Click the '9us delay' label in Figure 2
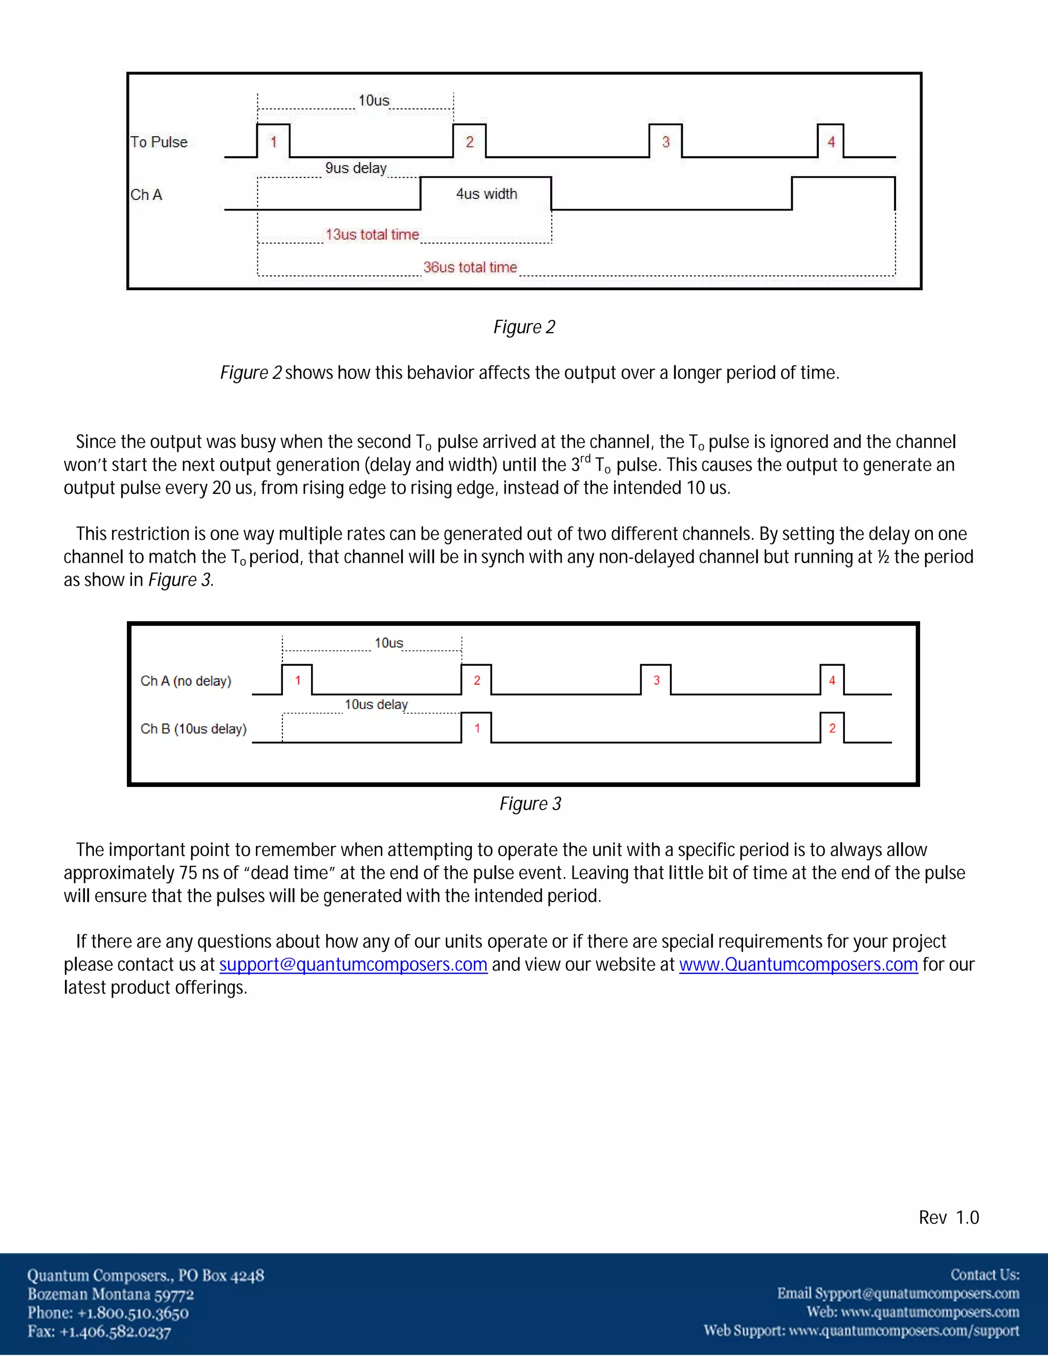tap(356, 168)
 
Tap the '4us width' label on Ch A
tap(486, 194)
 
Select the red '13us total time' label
tap(372, 235)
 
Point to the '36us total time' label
tap(470, 268)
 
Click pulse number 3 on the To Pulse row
tap(666, 142)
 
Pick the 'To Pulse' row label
tap(159, 142)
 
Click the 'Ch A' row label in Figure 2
tap(146, 195)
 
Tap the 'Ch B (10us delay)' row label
tap(193, 729)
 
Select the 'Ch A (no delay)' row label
tap(186, 681)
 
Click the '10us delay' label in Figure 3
tap(376, 705)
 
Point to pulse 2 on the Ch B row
tap(832, 728)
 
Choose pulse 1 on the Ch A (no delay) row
tap(297, 681)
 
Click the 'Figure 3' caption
tap(530, 804)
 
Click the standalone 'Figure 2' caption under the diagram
tap(524, 327)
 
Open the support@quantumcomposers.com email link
tap(353, 965)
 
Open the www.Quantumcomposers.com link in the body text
tap(798, 965)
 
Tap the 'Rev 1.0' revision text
tap(949, 1218)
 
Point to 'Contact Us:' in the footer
tap(985, 1275)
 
